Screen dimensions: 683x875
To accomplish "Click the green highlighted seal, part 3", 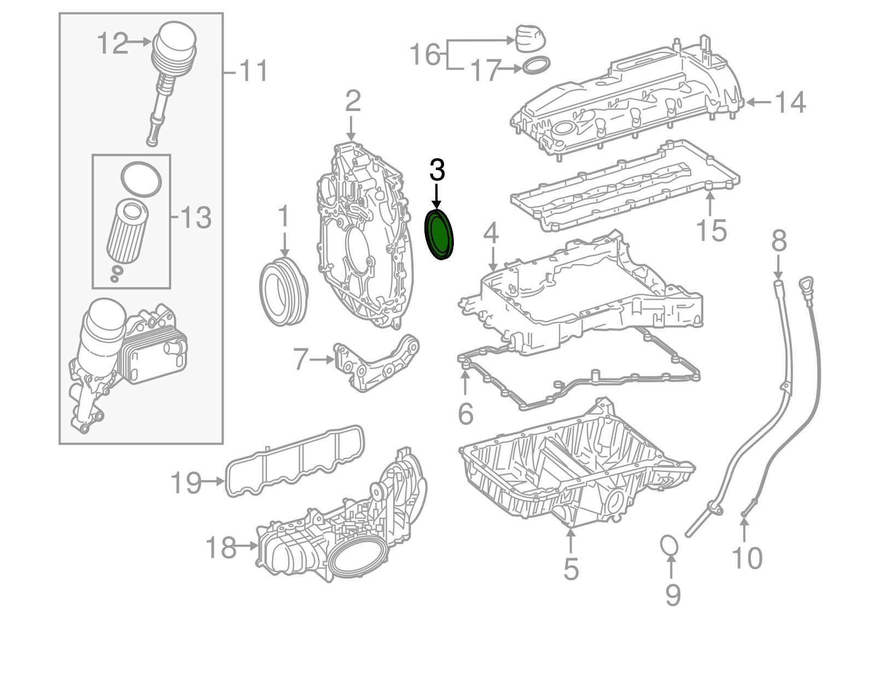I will point(440,236).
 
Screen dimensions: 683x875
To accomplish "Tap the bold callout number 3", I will point(437,170).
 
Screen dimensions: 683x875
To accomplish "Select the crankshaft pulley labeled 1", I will point(283,294).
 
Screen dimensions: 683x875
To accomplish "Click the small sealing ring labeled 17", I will point(536,66).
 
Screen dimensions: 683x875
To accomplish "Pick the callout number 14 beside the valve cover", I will point(790,102).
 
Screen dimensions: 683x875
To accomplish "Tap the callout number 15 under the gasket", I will point(711,230).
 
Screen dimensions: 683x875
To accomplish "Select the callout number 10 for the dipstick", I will point(746,558).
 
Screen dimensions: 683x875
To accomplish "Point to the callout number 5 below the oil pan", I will point(570,569).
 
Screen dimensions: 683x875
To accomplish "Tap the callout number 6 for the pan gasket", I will point(465,413).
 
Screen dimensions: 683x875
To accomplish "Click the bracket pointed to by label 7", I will point(377,364).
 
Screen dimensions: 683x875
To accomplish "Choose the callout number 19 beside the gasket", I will point(186,482).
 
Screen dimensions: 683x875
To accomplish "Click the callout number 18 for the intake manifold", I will point(221,547).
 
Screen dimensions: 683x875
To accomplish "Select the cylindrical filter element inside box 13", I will point(130,232).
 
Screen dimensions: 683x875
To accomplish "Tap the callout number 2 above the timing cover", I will point(353,101).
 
